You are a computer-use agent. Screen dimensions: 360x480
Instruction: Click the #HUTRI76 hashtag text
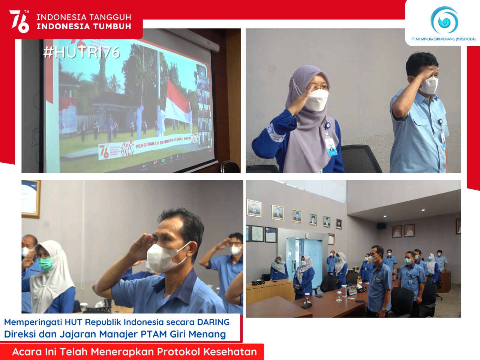point(81,52)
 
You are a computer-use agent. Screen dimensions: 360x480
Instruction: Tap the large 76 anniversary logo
point(19,21)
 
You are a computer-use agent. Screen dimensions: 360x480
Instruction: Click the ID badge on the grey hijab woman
point(331,148)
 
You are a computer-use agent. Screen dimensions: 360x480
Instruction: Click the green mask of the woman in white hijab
point(45,263)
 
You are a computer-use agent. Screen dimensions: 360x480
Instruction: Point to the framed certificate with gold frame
point(30,199)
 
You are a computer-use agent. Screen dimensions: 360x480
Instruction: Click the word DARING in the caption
point(213,322)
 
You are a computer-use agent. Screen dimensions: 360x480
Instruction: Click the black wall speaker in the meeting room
point(381,226)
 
